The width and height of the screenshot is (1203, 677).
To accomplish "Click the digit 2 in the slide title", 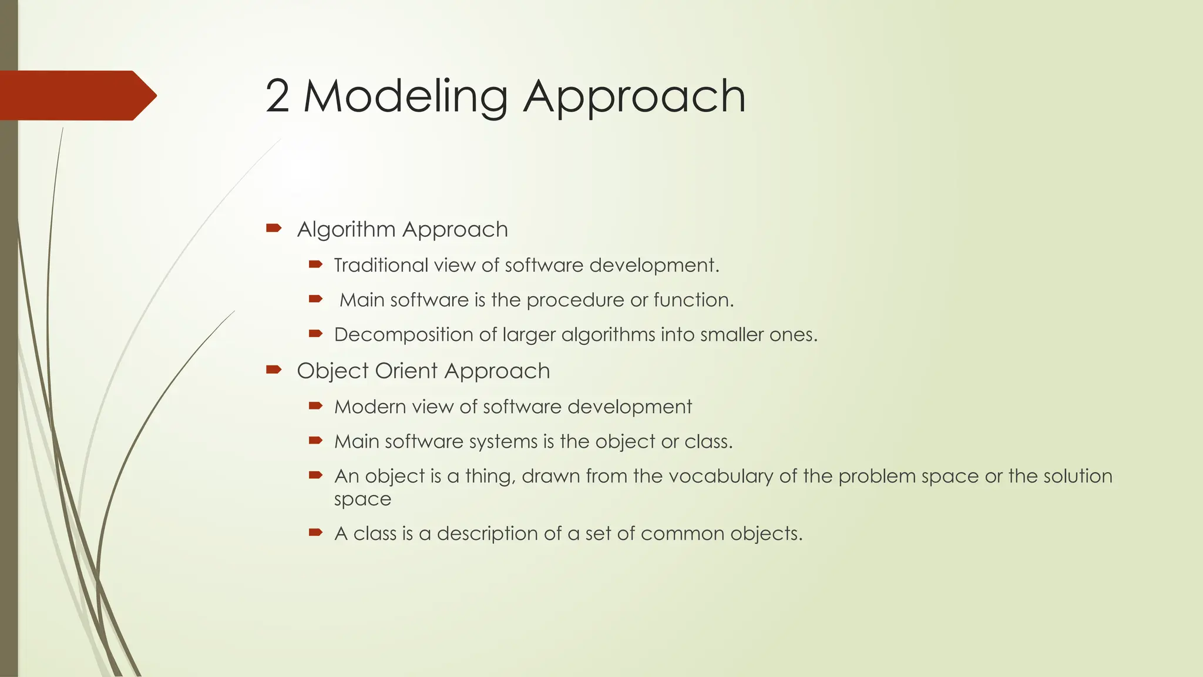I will [277, 96].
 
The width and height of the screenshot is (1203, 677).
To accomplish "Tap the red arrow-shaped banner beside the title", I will [76, 95].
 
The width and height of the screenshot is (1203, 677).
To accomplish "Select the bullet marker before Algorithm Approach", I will [274, 228].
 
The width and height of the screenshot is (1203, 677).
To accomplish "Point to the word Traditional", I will [381, 266].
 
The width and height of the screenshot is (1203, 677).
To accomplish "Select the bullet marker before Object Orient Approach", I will [274, 370].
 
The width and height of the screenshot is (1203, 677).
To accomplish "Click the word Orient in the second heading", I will [406, 371].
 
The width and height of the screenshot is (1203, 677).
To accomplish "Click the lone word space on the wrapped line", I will [362, 500].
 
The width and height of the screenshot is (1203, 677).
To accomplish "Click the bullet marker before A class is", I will [315, 533].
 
